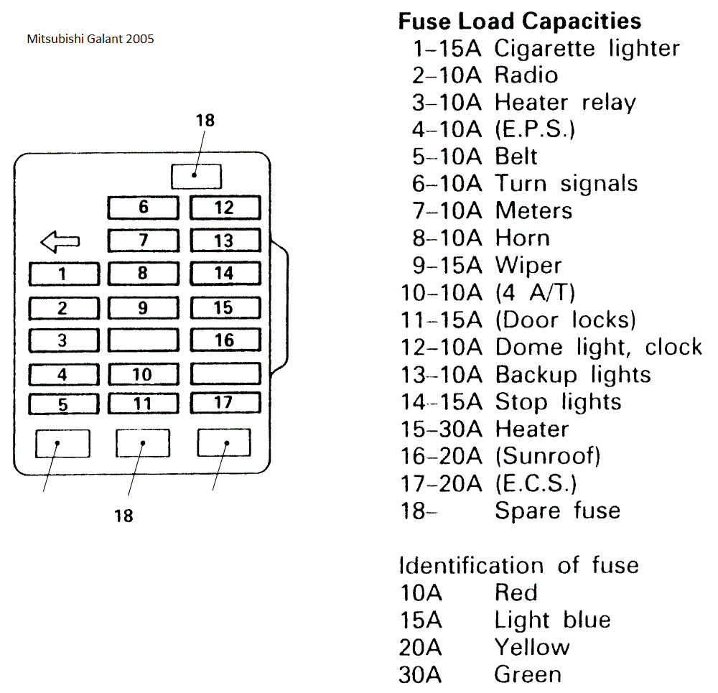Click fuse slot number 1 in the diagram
63,274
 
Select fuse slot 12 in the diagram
224,208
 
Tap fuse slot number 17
224,402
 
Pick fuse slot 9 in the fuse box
143,308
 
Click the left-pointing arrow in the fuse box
60,243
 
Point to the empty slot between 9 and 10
143,340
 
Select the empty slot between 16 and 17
224,373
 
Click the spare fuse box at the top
197,176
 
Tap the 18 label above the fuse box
205,121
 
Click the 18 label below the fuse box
123,516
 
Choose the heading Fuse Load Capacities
519,21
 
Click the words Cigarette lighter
587,49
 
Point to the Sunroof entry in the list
547,455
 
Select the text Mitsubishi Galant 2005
90,39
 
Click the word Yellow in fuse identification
531,647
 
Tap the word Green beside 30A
528,674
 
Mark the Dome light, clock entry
598,347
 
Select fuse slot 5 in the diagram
63,404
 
